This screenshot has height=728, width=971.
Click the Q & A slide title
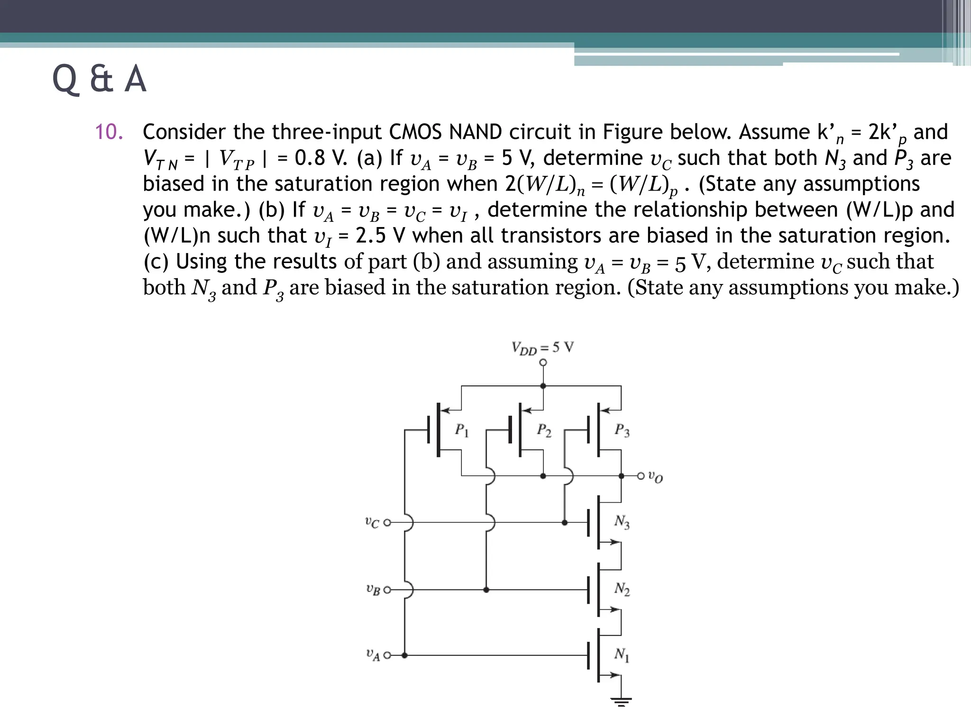99,79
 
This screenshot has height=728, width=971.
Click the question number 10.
109,132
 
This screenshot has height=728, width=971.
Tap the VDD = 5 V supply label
542,348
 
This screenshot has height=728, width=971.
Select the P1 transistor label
461,430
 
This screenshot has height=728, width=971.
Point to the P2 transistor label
543,430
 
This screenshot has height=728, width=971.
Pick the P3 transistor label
622,430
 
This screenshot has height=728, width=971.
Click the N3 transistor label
622,522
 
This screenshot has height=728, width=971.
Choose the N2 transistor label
622,589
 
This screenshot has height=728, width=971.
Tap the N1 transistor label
622,655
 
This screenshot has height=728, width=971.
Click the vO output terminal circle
641,475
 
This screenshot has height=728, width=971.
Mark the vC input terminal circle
387,523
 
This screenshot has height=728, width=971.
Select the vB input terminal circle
387,590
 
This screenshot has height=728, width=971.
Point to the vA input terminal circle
387,655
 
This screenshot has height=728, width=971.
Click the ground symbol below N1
621,701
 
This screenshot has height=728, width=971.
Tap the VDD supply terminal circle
543,363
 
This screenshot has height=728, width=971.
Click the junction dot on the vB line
486,590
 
